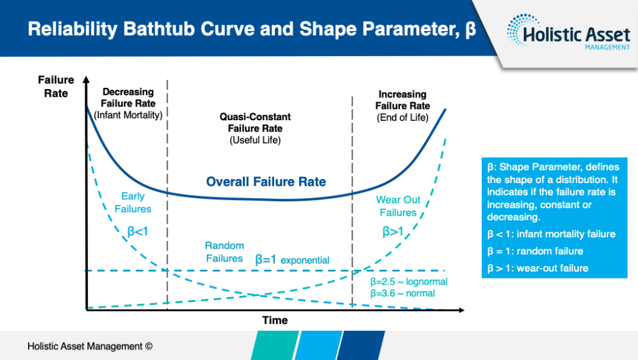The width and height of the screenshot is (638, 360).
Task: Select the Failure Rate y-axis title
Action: point(56,87)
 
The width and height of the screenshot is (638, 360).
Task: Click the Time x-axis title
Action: point(275,320)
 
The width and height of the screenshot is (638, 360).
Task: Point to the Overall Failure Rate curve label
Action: point(266,182)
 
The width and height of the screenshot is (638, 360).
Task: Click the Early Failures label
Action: point(136,202)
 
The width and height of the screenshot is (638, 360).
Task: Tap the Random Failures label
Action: point(224,252)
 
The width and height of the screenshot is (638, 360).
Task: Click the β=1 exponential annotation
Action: point(292,259)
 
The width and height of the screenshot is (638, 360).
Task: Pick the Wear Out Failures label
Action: point(398,206)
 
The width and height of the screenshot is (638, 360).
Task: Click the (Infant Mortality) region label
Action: point(128,115)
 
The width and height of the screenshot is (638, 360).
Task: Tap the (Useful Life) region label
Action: point(255,140)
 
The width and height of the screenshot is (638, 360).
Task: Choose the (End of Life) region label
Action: point(402,117)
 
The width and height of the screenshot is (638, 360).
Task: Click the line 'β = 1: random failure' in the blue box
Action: point(535,251)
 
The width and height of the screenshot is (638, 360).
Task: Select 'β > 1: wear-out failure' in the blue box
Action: point(538,268)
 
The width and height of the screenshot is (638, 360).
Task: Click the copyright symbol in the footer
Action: point(148,346)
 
